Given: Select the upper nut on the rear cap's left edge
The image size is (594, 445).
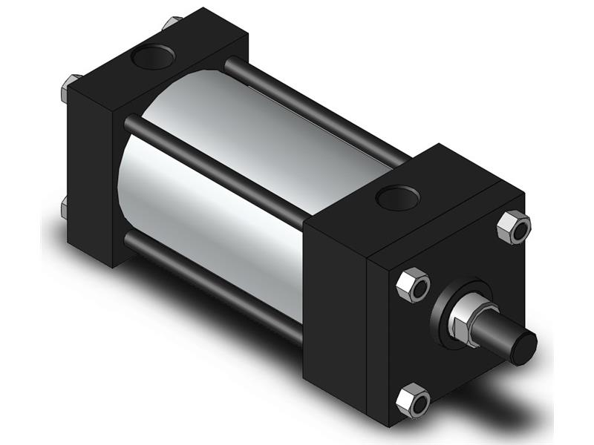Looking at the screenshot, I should point(68,89).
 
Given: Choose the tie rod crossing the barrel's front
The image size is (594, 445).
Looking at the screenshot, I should point(215,167).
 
